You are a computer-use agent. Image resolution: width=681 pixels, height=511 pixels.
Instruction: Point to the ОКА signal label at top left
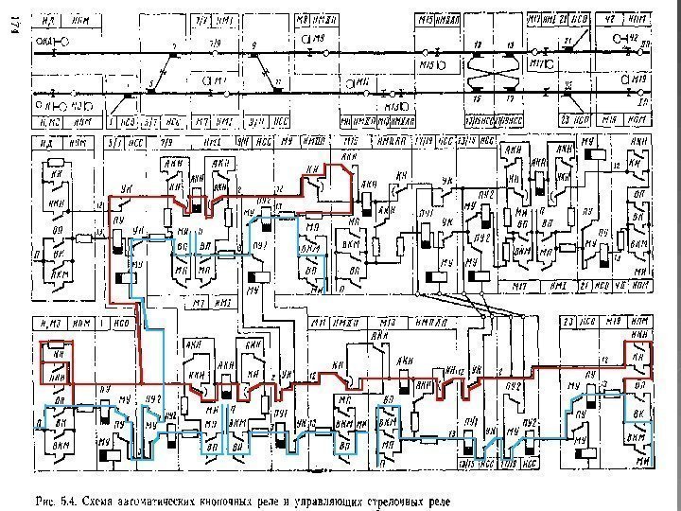coord(44,41)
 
